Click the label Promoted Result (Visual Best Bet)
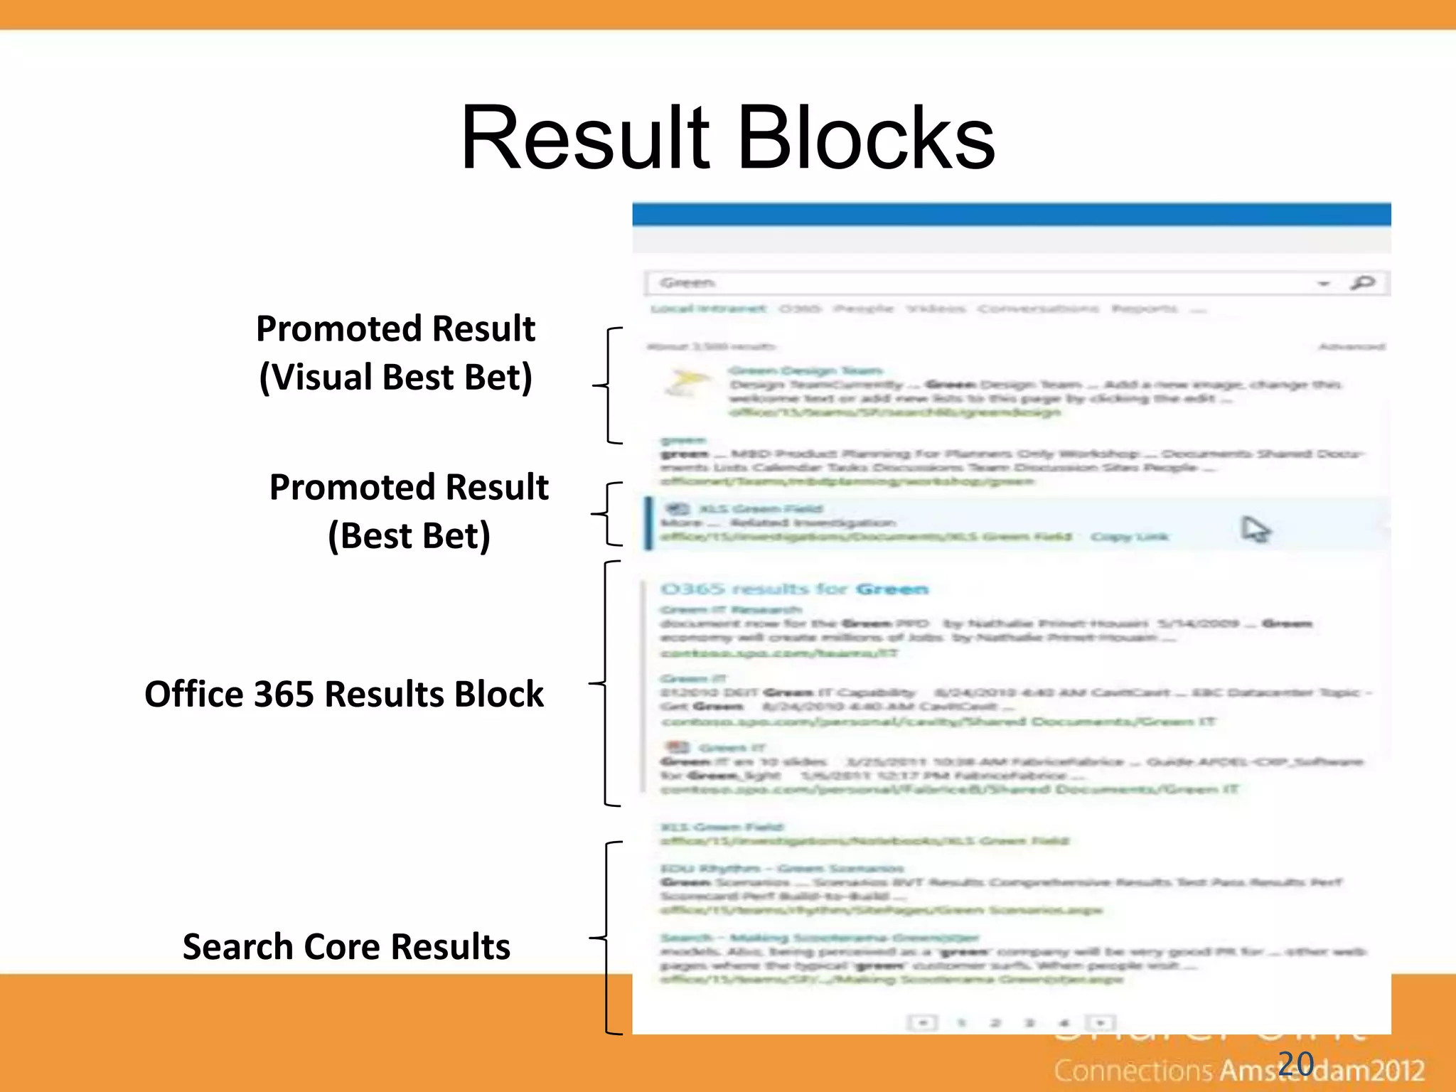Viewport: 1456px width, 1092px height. pyautogui.click(x=395, y=353)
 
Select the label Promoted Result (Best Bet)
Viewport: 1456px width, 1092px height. pyautogui.click(x=409, y=511)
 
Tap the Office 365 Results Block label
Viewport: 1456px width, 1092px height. pyautogui.click(x=344, y=694)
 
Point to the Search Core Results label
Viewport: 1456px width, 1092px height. pyautogui.click(x=346, y=947)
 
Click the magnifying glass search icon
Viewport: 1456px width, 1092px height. pyautogui.click(x=1362, y=283)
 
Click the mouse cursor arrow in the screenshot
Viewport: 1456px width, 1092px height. pyautogui.click(x=1254, y=530)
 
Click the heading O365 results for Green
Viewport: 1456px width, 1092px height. pyautogui.click(x=794, y=589)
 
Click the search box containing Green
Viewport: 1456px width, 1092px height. pyautogui.click(x=981, y=283)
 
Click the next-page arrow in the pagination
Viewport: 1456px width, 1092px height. pyautogui.click(x=1101, y=1023)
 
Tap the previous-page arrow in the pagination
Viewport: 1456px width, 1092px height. pyautogui.click(x=923, y=1023)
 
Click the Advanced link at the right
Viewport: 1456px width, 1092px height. pyautogui.click(x=1351, y=347)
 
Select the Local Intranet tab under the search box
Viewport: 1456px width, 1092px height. pyautogui.click(x=709, y=309)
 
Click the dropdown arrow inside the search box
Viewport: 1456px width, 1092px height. pyautogui.click(x=1323, y=284)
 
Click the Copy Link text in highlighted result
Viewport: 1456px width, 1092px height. pyautogui.click(x=1130, y=537)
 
